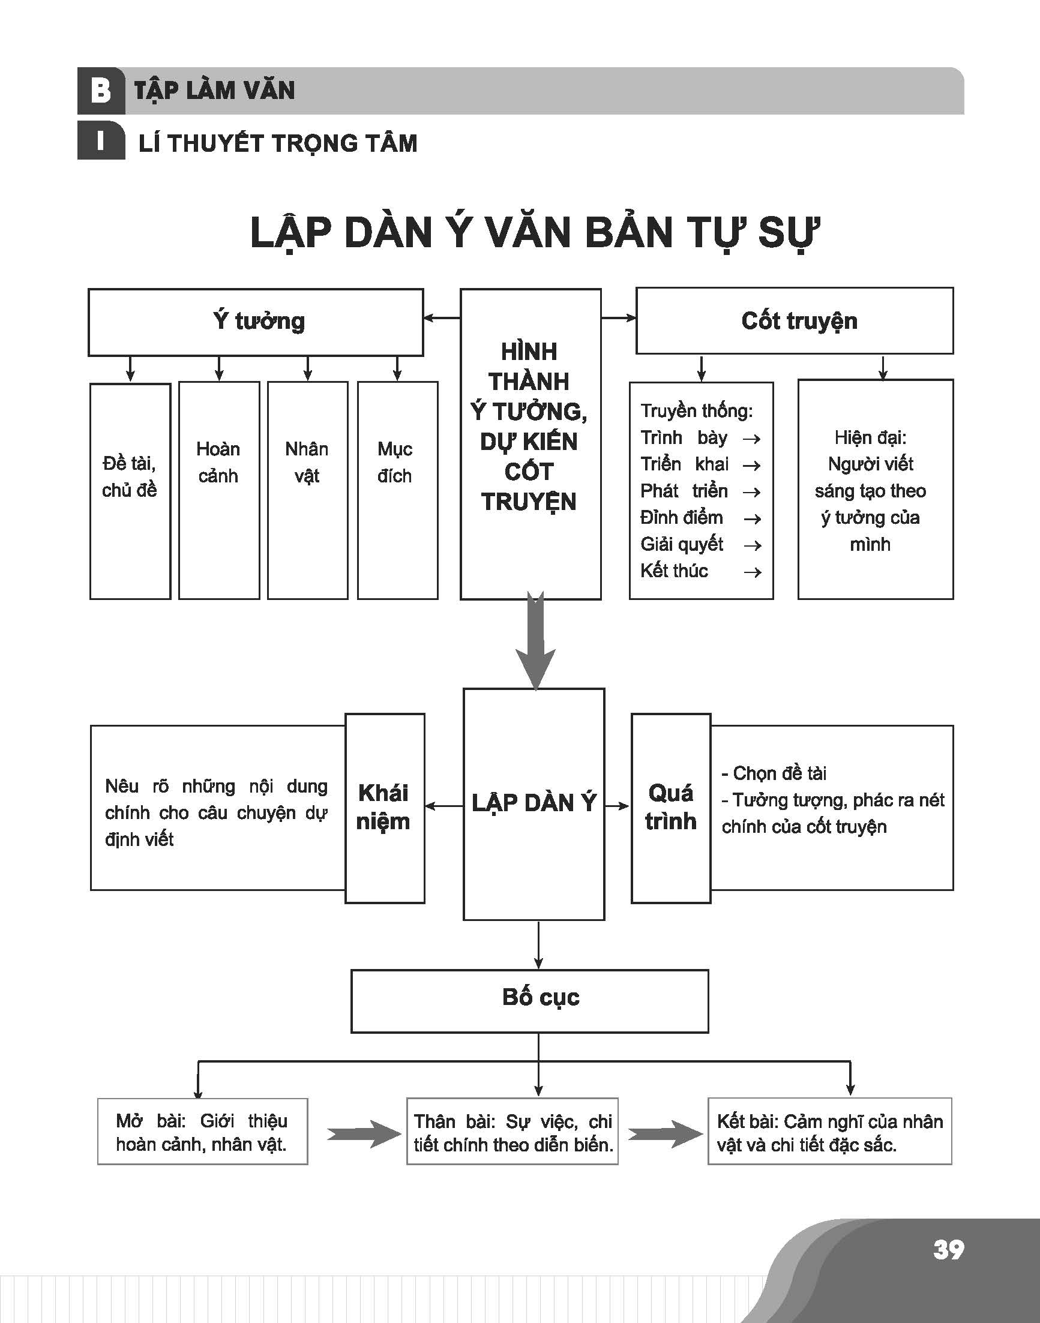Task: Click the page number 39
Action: pos(948,1249)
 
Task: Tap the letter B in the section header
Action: pos(100,91)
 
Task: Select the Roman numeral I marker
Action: pos(100,141)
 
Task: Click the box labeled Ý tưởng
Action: pos(256,322)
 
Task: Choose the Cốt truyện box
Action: pos(795,321)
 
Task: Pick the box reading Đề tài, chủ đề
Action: pos(130,491)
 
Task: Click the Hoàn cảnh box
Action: pos(219,490)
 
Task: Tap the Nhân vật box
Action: pos(307,490)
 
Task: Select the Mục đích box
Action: pos(398,490)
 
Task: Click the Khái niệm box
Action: pos(385,808)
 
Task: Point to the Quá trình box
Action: pos(671,808)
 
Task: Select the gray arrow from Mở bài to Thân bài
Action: pos(364,1133)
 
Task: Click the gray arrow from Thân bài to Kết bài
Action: pos(666,1133)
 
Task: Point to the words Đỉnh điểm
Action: pos(681,518)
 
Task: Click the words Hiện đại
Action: pos(870,437)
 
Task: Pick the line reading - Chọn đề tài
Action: pos(774,773)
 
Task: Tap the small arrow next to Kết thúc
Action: pos(753,572)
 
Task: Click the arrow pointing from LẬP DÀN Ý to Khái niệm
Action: pos(445,806)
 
